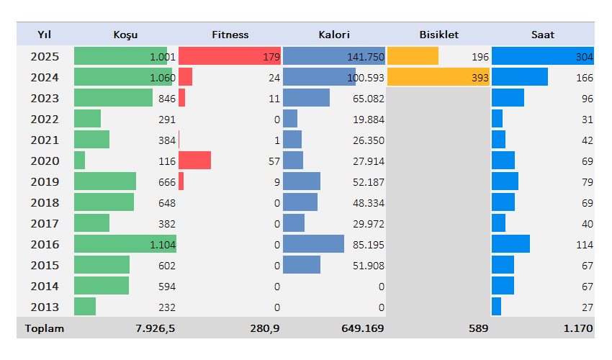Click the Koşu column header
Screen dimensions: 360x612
[x=125, y=35]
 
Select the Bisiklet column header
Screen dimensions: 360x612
[x=438, y=35]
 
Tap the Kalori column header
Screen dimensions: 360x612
[x=334, y=35]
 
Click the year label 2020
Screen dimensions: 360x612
[x=45, y=161]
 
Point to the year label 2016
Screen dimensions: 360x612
[x=45, y=244]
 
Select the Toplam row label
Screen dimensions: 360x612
[x=45, y=328]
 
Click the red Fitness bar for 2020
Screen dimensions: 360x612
[x=194, y=160]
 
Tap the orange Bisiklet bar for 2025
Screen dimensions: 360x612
[x=413, y=56]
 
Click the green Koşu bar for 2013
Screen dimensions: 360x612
[x=85, y=307]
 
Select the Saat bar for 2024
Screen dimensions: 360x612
[x=519, y=77]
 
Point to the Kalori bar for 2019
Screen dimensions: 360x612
[x=302, y=181]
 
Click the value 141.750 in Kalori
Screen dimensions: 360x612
[x=366, y=57]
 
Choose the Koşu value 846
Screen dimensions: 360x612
[x=166, y=99]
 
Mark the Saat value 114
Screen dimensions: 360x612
[x=584, y=245]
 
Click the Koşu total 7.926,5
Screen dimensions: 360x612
[x=155, y=328]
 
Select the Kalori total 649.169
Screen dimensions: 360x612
[x=362, y=328]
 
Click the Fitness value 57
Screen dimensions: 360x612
[x=274, y=161]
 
